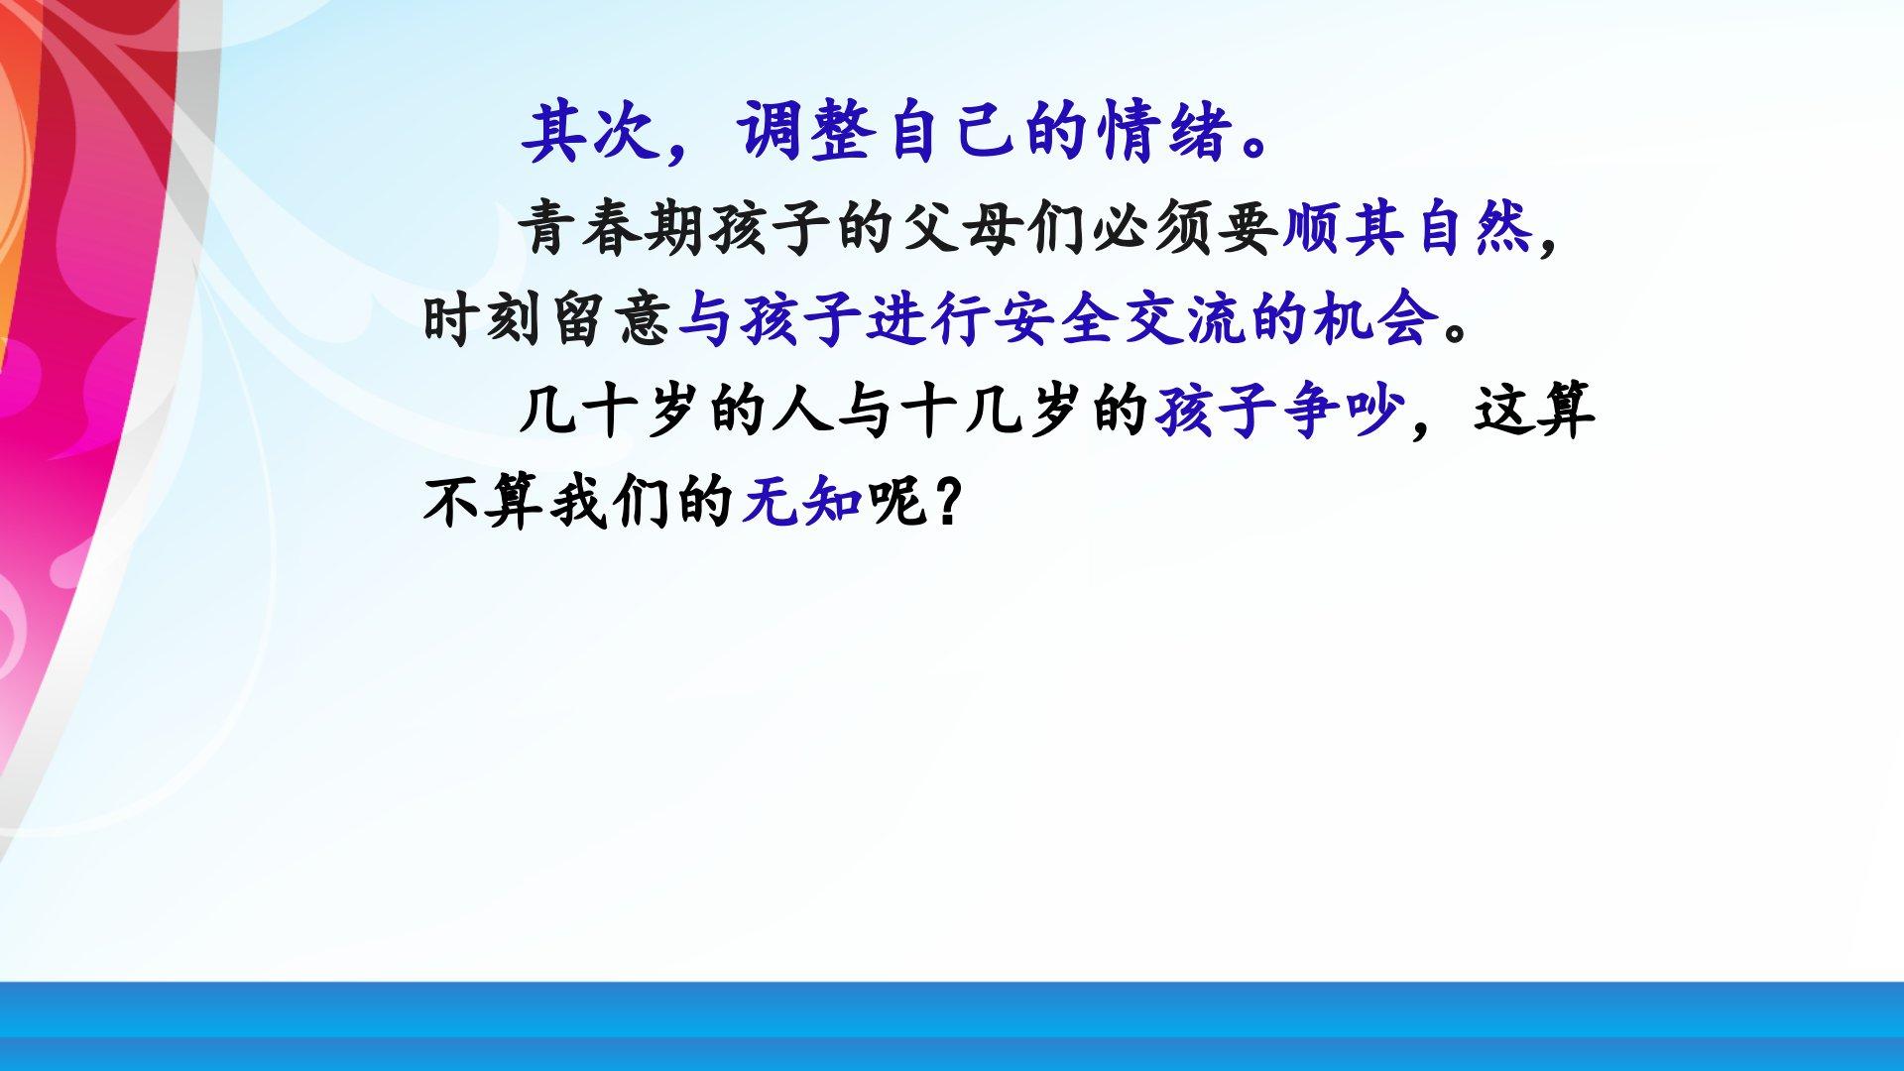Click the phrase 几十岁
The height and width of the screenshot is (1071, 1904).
click(610, 411)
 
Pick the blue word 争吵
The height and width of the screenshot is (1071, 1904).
click(1345, 411)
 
